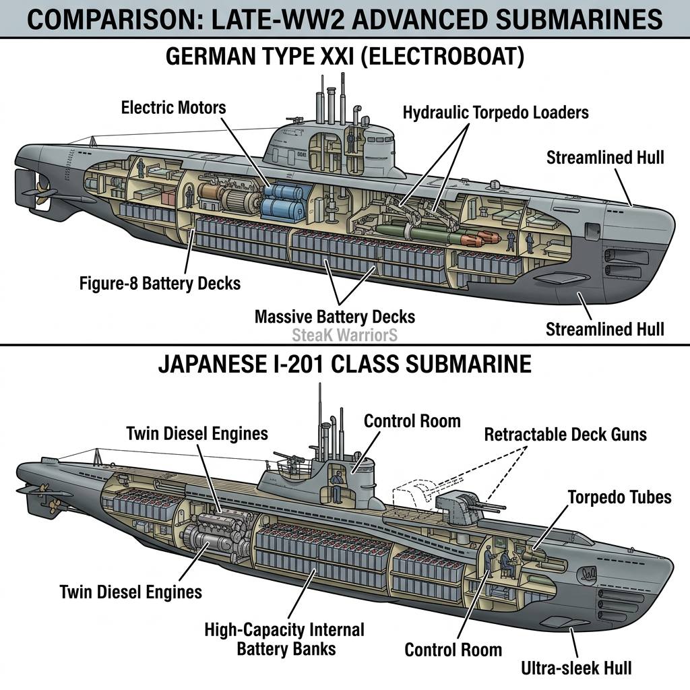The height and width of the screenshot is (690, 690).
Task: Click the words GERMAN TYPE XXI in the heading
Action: pos(260,57)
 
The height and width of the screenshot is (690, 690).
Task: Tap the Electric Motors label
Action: pos(173,108)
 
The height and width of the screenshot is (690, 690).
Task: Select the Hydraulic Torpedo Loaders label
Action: pos(496,113)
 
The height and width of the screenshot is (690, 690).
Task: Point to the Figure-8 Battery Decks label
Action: pos(160,284)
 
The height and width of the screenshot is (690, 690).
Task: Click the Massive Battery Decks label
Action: pos(335,317)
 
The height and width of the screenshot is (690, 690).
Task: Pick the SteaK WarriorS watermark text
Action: pos(344,335)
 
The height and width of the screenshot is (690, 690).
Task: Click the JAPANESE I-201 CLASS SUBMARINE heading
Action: pos(345,364)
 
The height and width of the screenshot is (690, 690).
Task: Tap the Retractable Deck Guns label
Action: pos(565,435)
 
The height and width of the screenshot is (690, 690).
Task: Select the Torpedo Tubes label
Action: pos(620,497)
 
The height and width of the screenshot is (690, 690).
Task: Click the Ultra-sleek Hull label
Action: pos(577,668)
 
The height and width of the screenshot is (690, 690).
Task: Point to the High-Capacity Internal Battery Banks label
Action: pos(285,639)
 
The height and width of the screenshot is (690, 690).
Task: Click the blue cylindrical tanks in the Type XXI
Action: pos(283,201)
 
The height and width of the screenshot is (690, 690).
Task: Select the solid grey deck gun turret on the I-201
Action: pos(460,505)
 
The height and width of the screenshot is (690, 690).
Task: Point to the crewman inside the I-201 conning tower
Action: pos(336,487)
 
